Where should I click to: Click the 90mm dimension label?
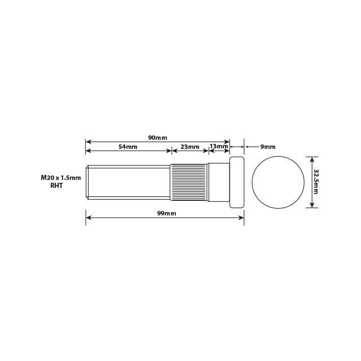click(x=157, y=138)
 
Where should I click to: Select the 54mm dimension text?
click(x=128, y=147)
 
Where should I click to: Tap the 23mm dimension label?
click(x=190, y=147)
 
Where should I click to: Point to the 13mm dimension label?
click(x=219, y=146)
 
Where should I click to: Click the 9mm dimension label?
click(x=268, y=147)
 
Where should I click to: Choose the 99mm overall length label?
click(x=167, y=213)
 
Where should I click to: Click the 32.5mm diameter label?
click(x=316, y=182)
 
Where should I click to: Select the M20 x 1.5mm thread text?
click(x=61, y=178)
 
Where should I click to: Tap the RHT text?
click(x=56, y=186)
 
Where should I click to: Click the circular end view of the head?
click(x=278, y=182)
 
